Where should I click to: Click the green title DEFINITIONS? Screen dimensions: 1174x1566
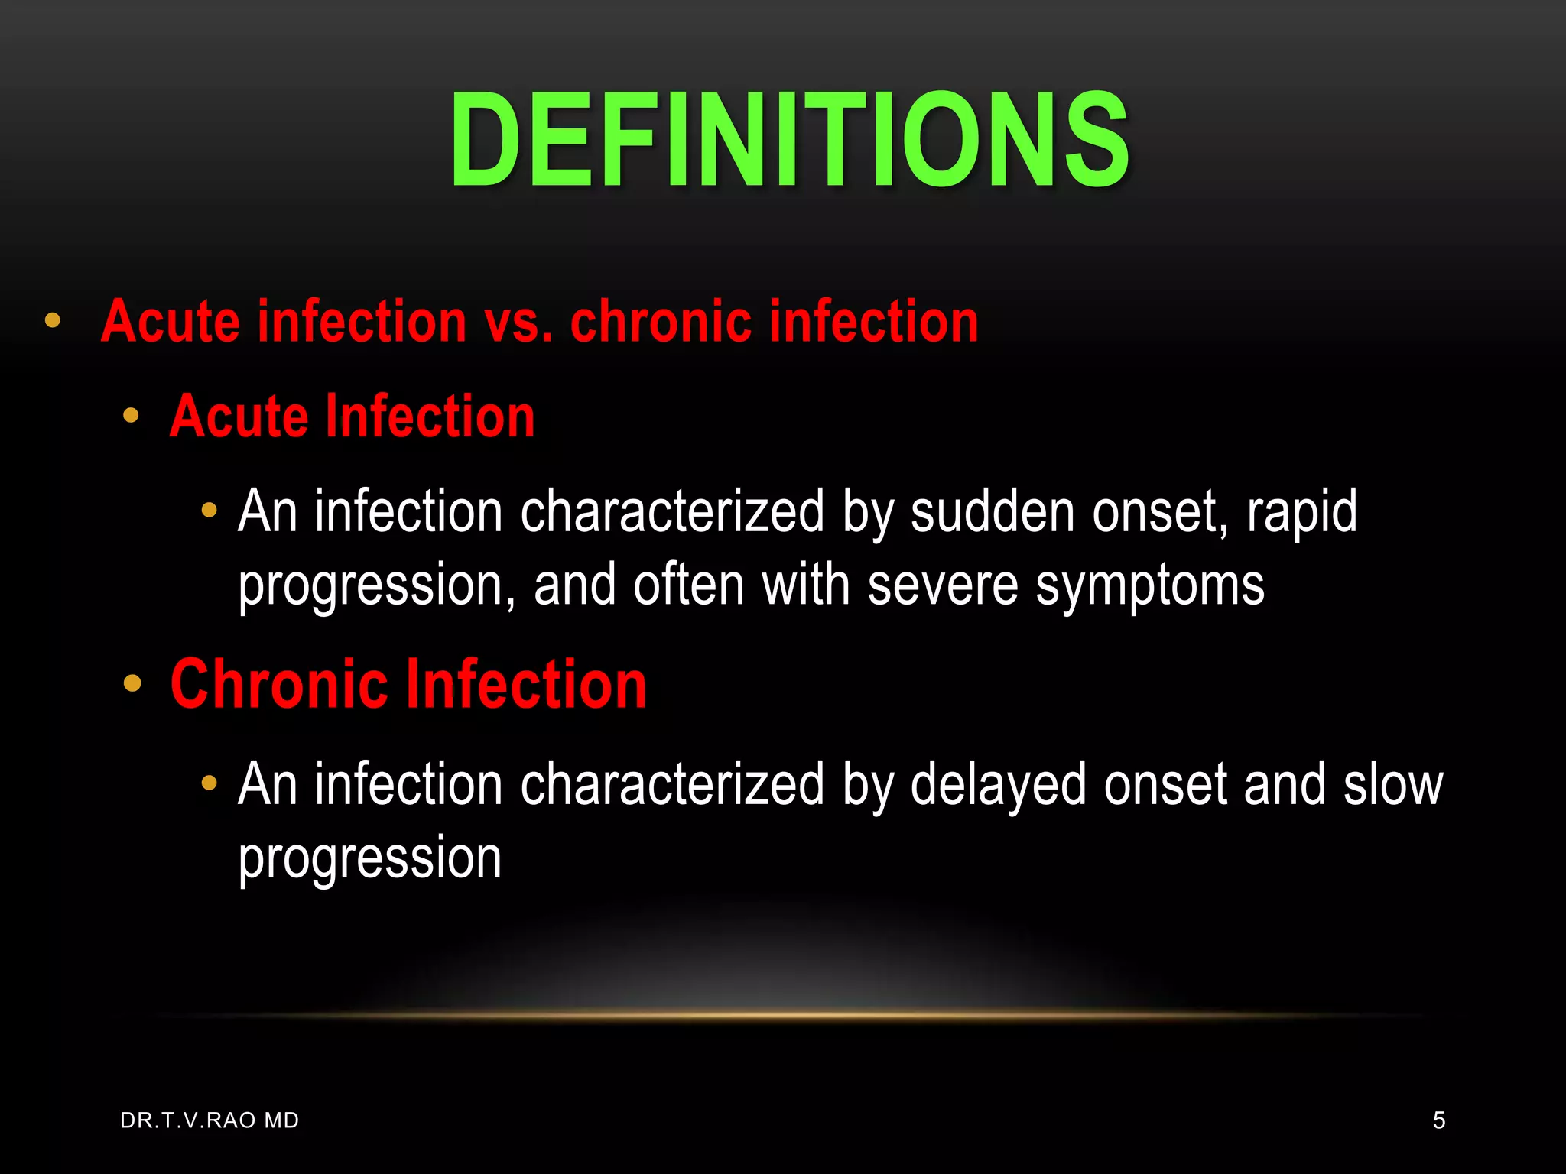789,139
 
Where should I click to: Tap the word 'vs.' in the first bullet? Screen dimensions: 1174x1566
518,322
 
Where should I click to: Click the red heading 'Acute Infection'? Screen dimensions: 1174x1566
352,417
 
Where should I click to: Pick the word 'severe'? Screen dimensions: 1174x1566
943,585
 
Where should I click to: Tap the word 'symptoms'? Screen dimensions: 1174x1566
1150,587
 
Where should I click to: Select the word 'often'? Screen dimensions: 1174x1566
688,585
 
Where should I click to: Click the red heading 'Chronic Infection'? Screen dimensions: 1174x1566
408,684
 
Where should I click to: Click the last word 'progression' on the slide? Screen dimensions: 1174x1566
370,859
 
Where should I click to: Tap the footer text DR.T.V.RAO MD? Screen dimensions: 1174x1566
210,1120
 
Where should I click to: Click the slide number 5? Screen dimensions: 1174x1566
1438,1120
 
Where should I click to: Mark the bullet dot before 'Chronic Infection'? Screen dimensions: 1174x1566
132,683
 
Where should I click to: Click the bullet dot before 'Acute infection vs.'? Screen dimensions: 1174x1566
52,320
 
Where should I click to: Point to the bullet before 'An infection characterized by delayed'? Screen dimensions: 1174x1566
209,783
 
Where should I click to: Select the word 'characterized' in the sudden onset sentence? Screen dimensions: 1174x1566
672,511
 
